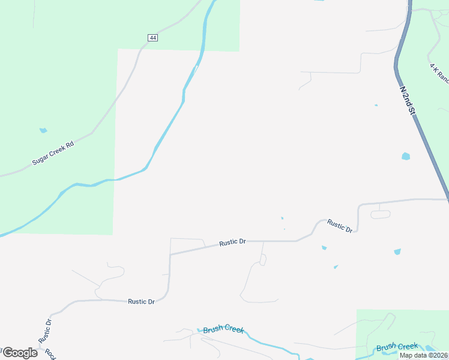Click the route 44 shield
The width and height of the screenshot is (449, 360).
152,38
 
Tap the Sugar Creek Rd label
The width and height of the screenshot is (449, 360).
53,154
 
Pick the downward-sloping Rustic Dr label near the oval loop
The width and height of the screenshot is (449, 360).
340,226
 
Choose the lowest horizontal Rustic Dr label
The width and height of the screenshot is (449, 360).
142,301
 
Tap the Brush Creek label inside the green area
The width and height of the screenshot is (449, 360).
396,347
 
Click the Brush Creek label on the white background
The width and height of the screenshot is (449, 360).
223,330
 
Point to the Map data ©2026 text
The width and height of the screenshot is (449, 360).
423,355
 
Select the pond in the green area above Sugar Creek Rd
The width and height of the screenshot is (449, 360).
43,130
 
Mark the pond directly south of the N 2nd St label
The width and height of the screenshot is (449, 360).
406,157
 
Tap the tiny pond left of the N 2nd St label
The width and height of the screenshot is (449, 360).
376,106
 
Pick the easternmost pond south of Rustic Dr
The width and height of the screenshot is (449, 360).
397,251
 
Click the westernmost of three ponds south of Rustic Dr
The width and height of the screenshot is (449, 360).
324,247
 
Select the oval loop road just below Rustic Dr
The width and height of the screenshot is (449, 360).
380,214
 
